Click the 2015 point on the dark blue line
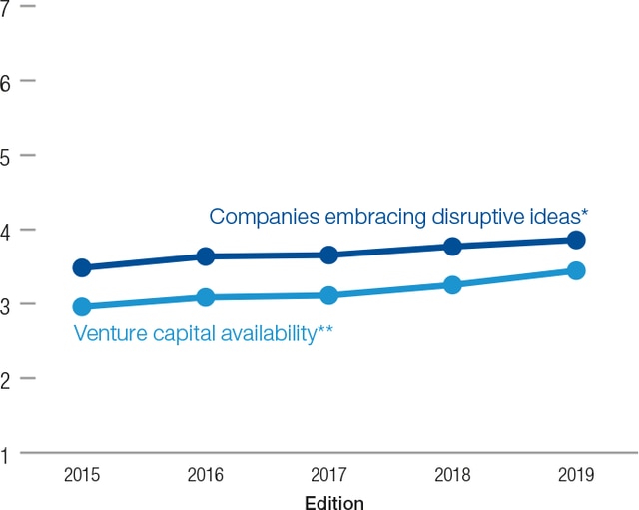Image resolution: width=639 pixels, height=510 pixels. click(x=82, y=267)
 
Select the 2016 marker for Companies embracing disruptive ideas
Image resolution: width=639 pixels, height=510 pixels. click(x=206, y=256)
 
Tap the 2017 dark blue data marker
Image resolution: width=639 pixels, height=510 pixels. click(x=328, y=255)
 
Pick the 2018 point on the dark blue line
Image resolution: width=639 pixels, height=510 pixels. click(x=452, y=247)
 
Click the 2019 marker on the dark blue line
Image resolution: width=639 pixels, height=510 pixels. click(x=576, y=240)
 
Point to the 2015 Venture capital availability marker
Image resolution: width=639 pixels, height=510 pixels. click(x=82, y=307)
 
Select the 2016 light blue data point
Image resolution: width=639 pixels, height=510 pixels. click(x=206, y=297)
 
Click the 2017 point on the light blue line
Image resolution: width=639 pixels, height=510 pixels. click(x=328, y=295)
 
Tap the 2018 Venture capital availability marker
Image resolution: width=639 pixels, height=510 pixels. click(x=452, y=285)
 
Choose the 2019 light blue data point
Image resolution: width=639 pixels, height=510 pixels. click(x=576, y=270)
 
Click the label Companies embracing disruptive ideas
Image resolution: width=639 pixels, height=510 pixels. click(x=397, y=217)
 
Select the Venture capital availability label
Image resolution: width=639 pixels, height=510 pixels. click(x=203, y=333)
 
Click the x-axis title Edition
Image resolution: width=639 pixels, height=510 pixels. click(x=333, y=502)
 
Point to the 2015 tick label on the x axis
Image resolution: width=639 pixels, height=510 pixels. click(x=82, y=475)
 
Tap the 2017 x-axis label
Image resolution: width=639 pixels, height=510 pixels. click(x=328, y=475)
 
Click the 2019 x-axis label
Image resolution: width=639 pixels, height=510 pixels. click(x=576, y=475)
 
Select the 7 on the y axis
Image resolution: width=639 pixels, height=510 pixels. click(x=6, y=7)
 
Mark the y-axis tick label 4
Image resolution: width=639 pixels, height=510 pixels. click(x=6, y=231)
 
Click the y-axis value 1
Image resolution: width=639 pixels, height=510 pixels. click(x=6, y=454)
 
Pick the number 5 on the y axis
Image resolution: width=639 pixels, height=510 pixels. click(x=6, y=157)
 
